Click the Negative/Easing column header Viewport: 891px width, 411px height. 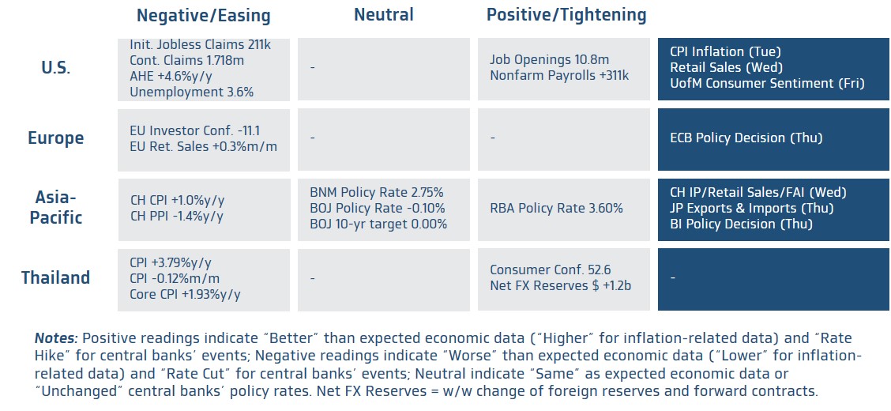pyautogui.click(x=204, y=16)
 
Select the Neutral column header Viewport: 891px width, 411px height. pyautogui.click(x=384, y=15)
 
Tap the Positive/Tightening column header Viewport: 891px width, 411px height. pyautogui.click(x=566, y=16)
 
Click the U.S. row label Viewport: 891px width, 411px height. pyautogui.click(x=55, y=68)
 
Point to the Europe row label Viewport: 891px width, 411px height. pyautogui.click(x=55, y=138)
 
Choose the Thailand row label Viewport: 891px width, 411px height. pyautogui.click(x=55, y=278)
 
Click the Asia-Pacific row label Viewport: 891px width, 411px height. pyautogui.click(x=55, y=208)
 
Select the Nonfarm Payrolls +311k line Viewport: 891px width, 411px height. pyautogui.click(x=559, y=76)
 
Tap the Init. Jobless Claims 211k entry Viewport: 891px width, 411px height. pyautogui.click(x=200, y=44)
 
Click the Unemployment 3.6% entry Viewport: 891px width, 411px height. pyautogui.click(x=191, y=92)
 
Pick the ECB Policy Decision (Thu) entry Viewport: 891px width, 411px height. pyautogui.click(x=746, y=138)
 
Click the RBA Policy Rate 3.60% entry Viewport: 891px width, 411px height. pyautogui.click(x=556, y=208)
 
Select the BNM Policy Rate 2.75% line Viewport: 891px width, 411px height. pyautogui.click(x=377, y=192)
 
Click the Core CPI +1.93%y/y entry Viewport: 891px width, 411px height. pyautogui.click(x=186, y=295)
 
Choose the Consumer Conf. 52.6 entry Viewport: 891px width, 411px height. pyautogui.click(x=550, y=270)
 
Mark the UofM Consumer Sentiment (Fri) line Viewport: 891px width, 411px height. pyautogui.click(x=767, y=84)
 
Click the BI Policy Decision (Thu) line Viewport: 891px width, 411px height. pyautogui.click(x=741, y=224)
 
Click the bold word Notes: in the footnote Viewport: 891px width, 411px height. pyautogui.click(x=56, y=339)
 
